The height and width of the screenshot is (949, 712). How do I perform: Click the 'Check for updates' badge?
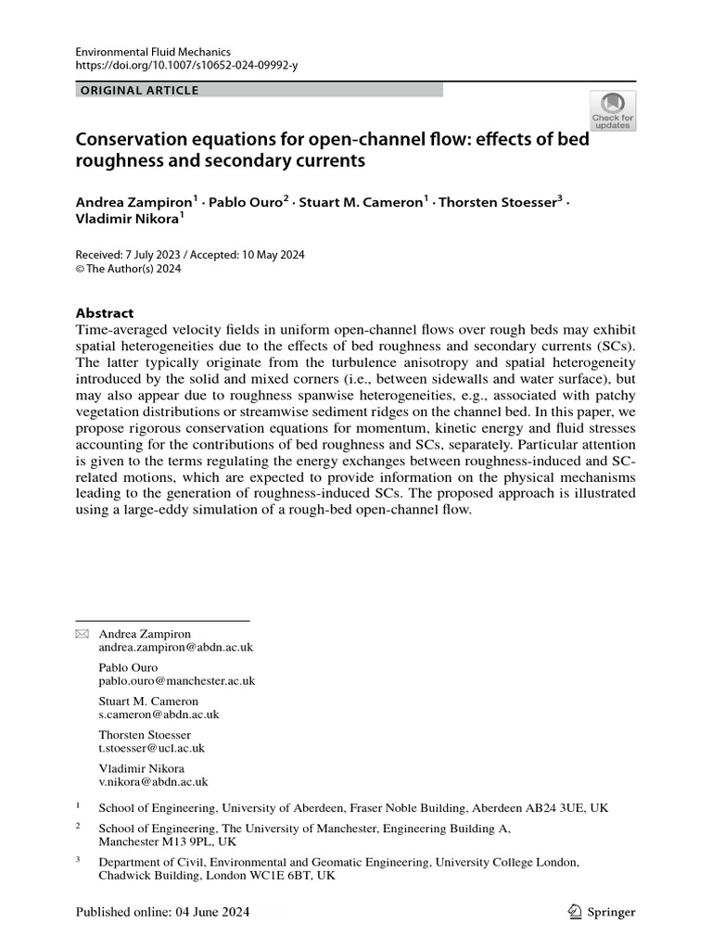[x=613, y=110]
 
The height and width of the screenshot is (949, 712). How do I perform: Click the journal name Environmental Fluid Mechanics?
[x=153, y=52]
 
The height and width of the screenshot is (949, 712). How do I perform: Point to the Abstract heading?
[x=105, y=313]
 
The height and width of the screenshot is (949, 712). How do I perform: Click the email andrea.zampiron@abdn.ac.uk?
[x=176, y=648]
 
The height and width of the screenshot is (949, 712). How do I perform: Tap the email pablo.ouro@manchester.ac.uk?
[x=177, y=680]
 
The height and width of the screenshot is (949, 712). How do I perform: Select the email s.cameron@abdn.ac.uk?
[x=159, y=715]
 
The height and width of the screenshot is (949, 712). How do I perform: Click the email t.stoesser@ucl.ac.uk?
[x=152, y=748]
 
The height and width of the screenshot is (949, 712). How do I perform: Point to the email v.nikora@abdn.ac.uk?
[x=153, y=781]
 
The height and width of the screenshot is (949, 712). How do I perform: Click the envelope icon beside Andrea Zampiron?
[x=82, y=633]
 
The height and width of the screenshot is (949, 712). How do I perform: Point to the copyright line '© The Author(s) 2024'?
[x=128, y=270]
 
